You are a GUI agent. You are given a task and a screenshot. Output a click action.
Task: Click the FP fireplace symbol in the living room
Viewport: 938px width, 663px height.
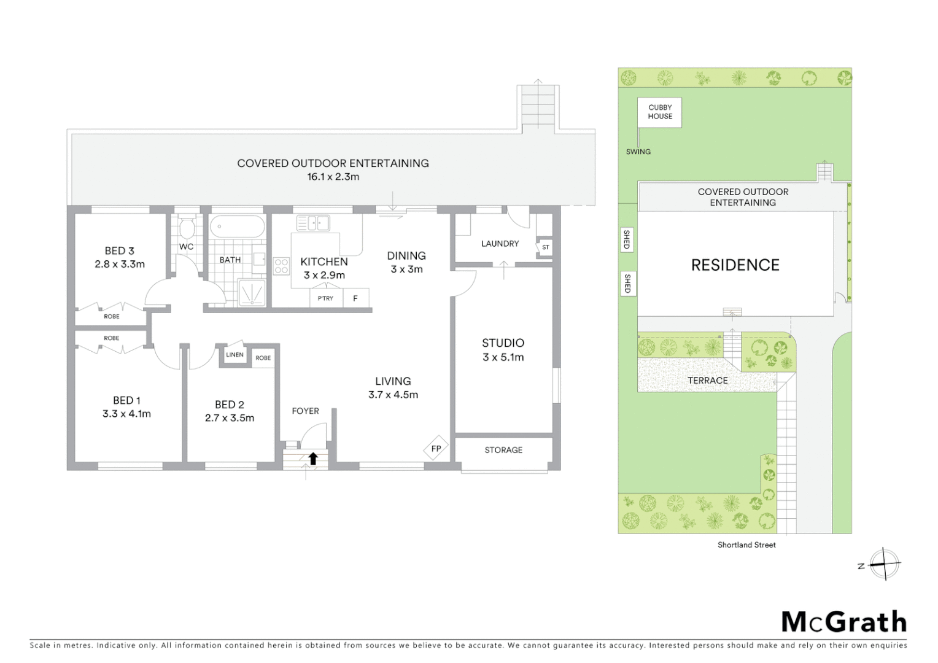coord(436,449)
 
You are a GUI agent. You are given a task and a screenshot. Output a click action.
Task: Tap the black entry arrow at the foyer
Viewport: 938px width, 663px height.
coord(313,458)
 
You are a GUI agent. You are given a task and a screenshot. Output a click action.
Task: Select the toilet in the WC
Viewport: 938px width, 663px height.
coord(187,228)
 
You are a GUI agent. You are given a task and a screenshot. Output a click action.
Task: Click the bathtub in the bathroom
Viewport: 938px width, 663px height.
coord(237,227)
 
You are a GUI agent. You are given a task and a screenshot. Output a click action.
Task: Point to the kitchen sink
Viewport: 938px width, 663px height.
coord(313,222)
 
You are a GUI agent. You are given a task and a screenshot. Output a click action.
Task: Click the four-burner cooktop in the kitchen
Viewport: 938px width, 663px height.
coord(281,266)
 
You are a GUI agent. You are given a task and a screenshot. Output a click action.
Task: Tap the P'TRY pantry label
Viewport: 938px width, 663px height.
coord(325,298)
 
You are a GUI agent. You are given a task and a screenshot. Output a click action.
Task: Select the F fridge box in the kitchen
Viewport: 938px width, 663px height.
coord(355,298)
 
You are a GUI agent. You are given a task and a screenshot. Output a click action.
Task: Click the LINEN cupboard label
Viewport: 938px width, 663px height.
coord(234,355)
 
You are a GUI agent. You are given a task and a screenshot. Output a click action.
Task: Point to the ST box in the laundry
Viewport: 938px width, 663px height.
coord(545,247)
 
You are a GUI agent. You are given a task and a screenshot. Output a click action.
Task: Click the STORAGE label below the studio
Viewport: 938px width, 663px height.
coord(503,450)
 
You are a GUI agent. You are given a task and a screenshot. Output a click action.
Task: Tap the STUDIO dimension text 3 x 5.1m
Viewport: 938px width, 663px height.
coord(503,357)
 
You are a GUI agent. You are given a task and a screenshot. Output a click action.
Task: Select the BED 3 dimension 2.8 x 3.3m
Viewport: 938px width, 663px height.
coord(120,265)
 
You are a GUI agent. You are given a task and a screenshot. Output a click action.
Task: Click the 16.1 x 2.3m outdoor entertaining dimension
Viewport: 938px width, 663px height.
coord(333,177)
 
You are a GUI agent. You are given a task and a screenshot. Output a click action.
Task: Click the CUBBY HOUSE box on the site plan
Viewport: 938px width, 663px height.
coord(660,112)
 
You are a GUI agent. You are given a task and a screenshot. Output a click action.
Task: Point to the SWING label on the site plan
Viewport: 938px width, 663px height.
coord(638,152)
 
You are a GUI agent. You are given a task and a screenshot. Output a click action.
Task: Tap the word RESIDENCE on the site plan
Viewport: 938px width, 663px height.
coord(735,265)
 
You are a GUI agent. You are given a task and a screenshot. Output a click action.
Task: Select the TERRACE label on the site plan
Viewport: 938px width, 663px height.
coord(707,381)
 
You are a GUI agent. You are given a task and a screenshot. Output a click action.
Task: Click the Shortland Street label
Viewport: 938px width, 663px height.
coord(746,545)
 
